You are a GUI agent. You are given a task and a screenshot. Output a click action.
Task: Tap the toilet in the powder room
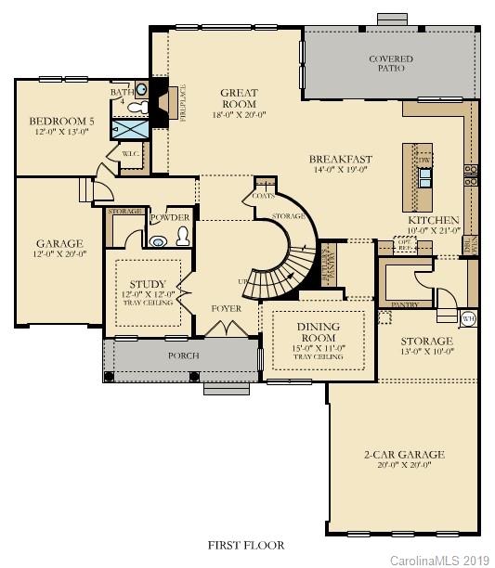[x=183, y=236]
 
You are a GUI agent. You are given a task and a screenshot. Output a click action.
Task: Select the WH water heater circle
[x=468, y=318]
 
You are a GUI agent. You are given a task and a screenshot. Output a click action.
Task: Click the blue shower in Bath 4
[x=130, y=129]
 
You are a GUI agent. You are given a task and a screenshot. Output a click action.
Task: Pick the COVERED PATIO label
[x=390, y=64]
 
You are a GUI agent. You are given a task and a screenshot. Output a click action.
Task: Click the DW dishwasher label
[x=423, y=159]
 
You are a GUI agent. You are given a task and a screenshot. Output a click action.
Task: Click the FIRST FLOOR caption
[x=247, y=545]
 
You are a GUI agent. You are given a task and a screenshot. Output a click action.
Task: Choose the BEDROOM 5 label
[x=61, y=121]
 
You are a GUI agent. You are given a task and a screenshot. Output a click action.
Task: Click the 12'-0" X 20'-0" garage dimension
[x=59, y=253]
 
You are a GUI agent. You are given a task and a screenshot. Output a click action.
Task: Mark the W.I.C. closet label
[x=130, y=154]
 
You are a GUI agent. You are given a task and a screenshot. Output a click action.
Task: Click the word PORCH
[x=181, y=355]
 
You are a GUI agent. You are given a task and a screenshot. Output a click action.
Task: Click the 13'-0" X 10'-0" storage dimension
[x=426, y=353]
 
